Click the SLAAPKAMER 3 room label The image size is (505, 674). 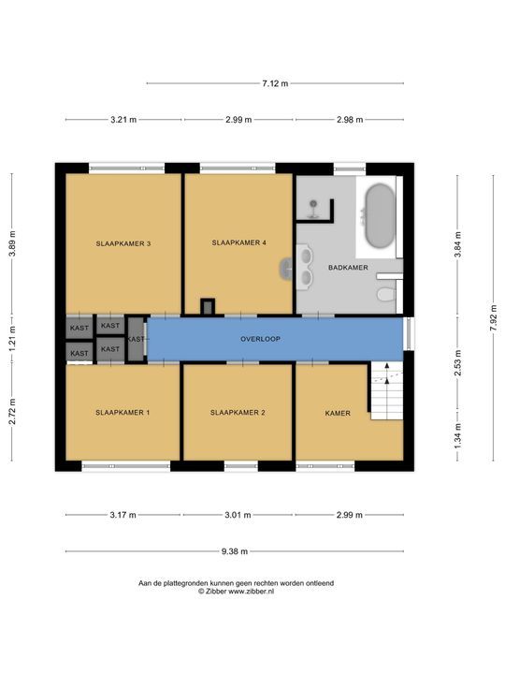[123, 243]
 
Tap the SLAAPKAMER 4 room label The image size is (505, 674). [238, 242]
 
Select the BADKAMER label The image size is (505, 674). [348, 268]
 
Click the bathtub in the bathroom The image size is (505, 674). [380, 216]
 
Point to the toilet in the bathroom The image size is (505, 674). [386, 295]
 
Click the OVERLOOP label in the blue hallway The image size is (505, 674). [260, 339]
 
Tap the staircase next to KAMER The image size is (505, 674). [387, 390]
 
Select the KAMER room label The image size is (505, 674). [338, 414]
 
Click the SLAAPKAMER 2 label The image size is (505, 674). [238, 413]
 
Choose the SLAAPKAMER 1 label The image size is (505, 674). [123, 413]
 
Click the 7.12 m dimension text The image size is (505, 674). [275, 83]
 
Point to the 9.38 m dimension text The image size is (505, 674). [235, 551]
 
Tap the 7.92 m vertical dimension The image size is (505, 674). [494, 318]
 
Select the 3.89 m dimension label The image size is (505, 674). [12, 243]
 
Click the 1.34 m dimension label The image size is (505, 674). [458, 436]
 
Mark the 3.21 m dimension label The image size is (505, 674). [123, 120]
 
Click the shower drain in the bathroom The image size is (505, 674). [314, 203]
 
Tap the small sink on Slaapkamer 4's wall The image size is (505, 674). [286, 269]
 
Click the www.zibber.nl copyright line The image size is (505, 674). [236, 592]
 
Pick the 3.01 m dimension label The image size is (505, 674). [238, 515]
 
